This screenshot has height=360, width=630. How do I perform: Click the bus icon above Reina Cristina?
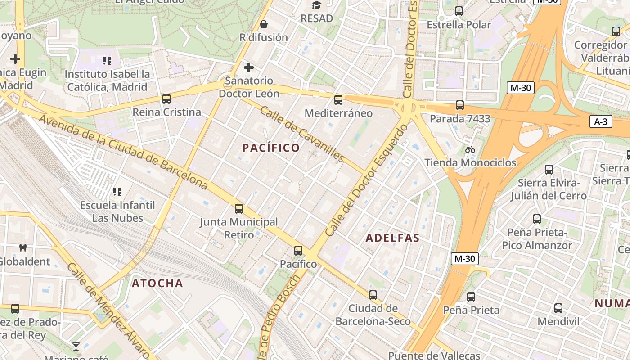pyautogui.click(x=166, y=99)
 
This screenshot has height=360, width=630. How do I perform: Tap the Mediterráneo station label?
pyautogui.click(x=338, y=113)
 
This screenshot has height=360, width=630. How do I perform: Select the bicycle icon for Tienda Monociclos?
pyautogui.click(x=470, y=149)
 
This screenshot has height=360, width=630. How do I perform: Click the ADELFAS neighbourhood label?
pyautogui.click(x=392, y=238)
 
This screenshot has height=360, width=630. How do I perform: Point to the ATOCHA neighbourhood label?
pyautogui.click(x=157, y=283)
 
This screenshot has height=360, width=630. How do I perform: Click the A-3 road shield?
pyautogui.click(x=601, y=121)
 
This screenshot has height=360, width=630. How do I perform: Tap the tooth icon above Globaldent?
pyautogui.click(x=23, y=248)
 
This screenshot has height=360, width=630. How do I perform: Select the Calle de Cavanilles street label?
pyautogui.click(x=302, y=134)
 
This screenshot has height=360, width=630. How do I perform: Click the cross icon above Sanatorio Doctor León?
pyautogui.click(x=248, y=68)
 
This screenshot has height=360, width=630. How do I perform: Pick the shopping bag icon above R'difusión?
pyautogui.click(x=264, y=24)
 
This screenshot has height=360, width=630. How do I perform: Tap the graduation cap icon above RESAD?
pyautogui.click(x=317, y=5)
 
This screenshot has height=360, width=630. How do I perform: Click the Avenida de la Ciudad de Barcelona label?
pyautogui.click(x=124, y=152)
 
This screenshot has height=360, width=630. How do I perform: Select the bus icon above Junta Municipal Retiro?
pyautogui.click(x=239, y=209)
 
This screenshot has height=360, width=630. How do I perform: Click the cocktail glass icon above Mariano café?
pyautogui.click(x=76, y=346)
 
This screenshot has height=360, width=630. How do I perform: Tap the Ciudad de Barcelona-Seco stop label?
pyautogui.click(x=373, y=315)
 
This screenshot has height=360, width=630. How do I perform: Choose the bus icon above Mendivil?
pyautogui.click(x=558, y=308)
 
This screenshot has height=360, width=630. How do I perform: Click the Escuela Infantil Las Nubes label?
pyautogui.click(x=117, y=211)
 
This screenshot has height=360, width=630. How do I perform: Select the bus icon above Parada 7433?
pyautogui.click(x=459, y=105)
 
